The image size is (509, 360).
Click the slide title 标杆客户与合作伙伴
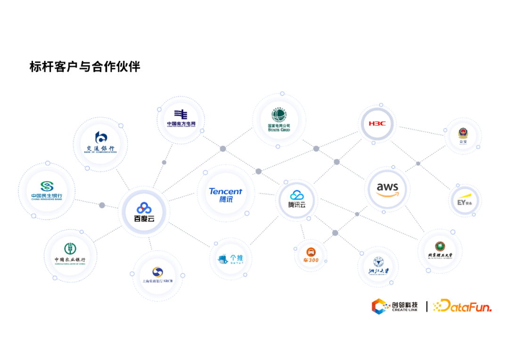pos(85,66)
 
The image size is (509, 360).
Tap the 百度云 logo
pos(144,213)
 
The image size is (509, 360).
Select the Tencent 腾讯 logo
pos(226,195)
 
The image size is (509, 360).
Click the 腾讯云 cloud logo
pos(297,199)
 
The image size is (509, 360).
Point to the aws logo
pos(387,189)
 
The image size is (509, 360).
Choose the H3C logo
pos(377,124)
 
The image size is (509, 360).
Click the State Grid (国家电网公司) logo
pos(279,120)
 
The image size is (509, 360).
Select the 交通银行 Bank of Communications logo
pos(100,142)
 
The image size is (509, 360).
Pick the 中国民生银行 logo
pos(47,191)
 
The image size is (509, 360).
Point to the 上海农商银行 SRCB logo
pos(157,275)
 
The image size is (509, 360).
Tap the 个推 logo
pos(230,259)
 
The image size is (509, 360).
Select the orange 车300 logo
pos(311,256)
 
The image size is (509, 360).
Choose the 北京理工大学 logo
pos(440,250)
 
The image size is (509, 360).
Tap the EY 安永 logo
pos(465,200)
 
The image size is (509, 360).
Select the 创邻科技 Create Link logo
pos(395,307)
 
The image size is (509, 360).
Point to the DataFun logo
pos(462,306)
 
